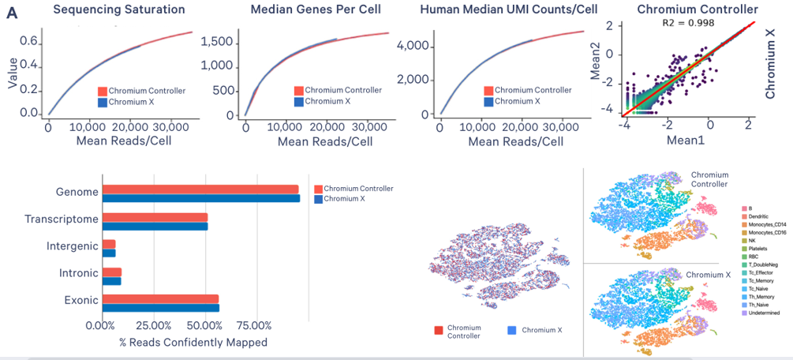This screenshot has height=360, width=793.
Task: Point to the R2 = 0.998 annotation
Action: [684, 23]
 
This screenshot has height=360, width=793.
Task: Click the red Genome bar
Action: [200, 189]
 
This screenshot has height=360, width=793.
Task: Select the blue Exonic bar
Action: [161, 308]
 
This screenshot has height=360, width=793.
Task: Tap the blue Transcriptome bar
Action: [155, 227]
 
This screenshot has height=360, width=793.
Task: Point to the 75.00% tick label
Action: [254, 325]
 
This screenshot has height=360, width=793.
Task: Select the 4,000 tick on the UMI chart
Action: [414, 46]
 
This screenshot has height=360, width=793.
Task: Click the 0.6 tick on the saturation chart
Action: [29, 40]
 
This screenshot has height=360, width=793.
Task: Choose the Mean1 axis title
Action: [685, 140]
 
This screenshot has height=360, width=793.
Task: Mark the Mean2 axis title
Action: [597, 70]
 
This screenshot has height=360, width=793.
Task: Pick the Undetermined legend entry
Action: [763, 313]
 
